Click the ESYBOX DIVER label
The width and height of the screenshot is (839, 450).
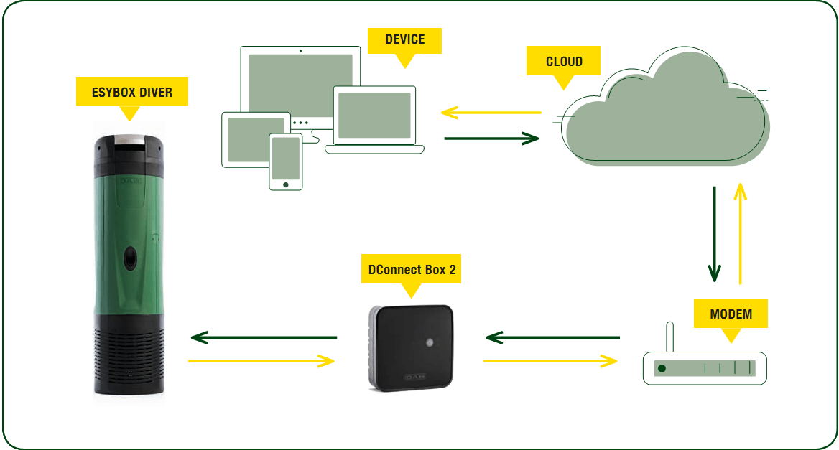click(131, 92)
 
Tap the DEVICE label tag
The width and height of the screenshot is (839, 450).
click(404, 40)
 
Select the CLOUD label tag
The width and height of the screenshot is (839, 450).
click(564, 62)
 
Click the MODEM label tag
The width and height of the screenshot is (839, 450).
click(731, 314)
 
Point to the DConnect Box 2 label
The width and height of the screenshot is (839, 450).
click(411, 270)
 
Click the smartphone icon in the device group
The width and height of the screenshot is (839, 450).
click(285, 161)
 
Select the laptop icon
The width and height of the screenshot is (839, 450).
click(374, 119)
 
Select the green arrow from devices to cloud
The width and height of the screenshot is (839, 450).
click(491, 138)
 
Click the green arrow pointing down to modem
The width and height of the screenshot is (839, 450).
click(714, 234)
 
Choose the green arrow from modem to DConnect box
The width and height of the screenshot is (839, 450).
click(552, 337)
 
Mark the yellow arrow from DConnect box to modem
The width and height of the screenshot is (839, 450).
click(550, 361)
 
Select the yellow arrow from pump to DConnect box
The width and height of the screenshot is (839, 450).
click(261, 361)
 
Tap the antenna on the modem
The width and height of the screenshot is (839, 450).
click(669, 337)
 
